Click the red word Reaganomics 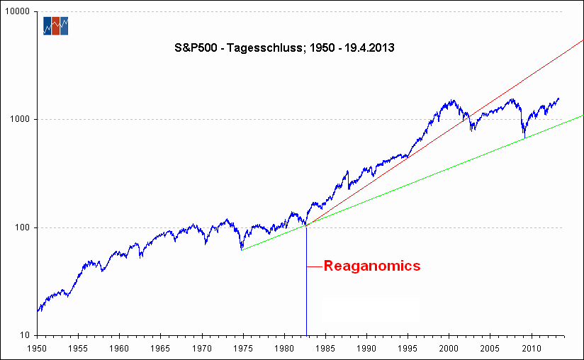pos(372,266)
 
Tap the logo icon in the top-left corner pos(55,26)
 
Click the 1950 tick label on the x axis pos(37,349)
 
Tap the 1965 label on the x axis pos(160,349)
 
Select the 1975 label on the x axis pos(242,349)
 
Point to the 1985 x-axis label pos(325,349)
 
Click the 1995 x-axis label pos(408,349)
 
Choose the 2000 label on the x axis pos(449,349)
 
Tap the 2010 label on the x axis pos(531,349)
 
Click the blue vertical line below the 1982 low pos(306,298)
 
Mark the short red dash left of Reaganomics pos(315,267)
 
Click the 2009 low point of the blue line pos(524,137)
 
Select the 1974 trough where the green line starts pos(242,249)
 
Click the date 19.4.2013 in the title pos(366,49)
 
